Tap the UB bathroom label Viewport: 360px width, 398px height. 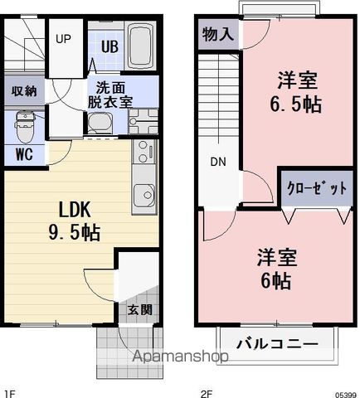[109, 46]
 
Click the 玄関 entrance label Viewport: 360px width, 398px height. [139, 310]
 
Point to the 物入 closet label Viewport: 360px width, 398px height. [218, 35]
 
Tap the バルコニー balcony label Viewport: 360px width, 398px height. [277, 343]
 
